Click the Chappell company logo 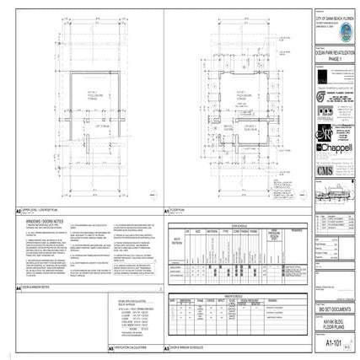pyautogui.click(x=334, y=148)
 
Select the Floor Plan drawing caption pyautogui.click(x=177, y=210)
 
